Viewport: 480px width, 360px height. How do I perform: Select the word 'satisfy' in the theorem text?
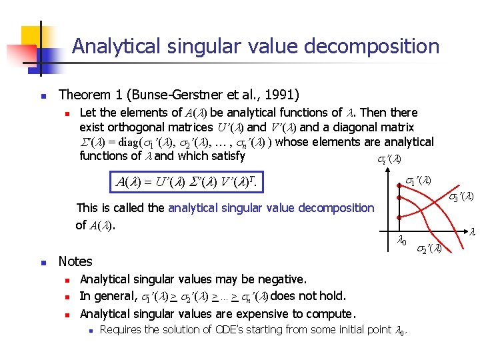pyautogui.click(x=226, y=156)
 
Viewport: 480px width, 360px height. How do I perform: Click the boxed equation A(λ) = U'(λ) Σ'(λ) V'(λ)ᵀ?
pyautogui.click(x=187, y=181)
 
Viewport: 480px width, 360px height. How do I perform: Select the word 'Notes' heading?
pyautogui.click(x=75, y=261)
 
